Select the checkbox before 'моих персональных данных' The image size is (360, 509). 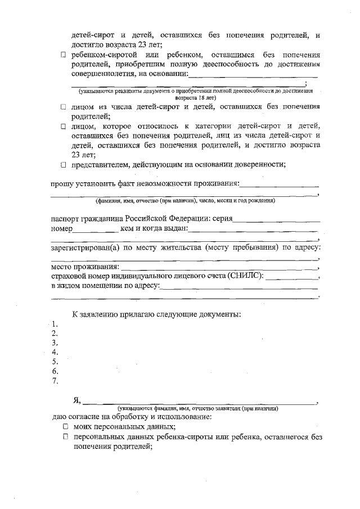point(65,427)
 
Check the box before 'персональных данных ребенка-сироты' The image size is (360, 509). point(65,437)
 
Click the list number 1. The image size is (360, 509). point(55,324)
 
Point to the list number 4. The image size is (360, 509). point(55,352)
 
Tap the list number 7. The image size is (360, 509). point(55,381)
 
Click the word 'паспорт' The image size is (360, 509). point(65,219)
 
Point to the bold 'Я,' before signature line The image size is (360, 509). point(77,400)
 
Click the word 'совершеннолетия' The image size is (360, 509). point(106,73)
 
